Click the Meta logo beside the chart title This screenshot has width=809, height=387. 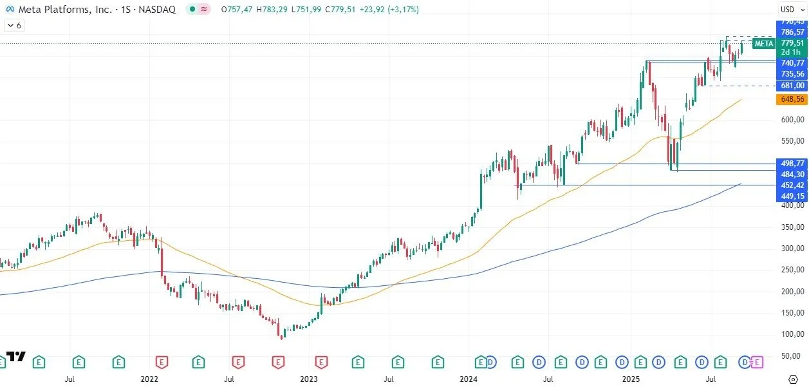[x=10, y=10]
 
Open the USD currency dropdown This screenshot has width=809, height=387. [x=788, y=9]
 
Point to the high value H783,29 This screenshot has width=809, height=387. [x=271, y=10]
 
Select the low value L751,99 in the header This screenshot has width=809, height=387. [x=307, y=10]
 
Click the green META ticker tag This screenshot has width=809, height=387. [x=763, y=44]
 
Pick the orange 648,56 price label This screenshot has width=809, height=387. [x=792, y=99]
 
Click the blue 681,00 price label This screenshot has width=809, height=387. [x=792, y=86]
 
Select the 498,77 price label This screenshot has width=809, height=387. [x=792, y=164]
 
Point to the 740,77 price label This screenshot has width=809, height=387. [x=792, y=63]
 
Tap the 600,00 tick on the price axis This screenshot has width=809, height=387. [x=792, y=120]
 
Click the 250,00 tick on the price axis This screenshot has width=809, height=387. [x=792, y=270]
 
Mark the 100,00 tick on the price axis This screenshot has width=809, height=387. [x=792, y=334]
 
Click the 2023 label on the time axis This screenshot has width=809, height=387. [x=309, y=379]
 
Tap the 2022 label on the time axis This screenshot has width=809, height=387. [x=149, y=379]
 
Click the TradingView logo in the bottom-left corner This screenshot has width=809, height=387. [x=16, y=357]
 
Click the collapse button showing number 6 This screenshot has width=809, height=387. [x=14, y=25]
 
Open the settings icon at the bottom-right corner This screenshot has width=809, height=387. [x=793, y=379]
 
